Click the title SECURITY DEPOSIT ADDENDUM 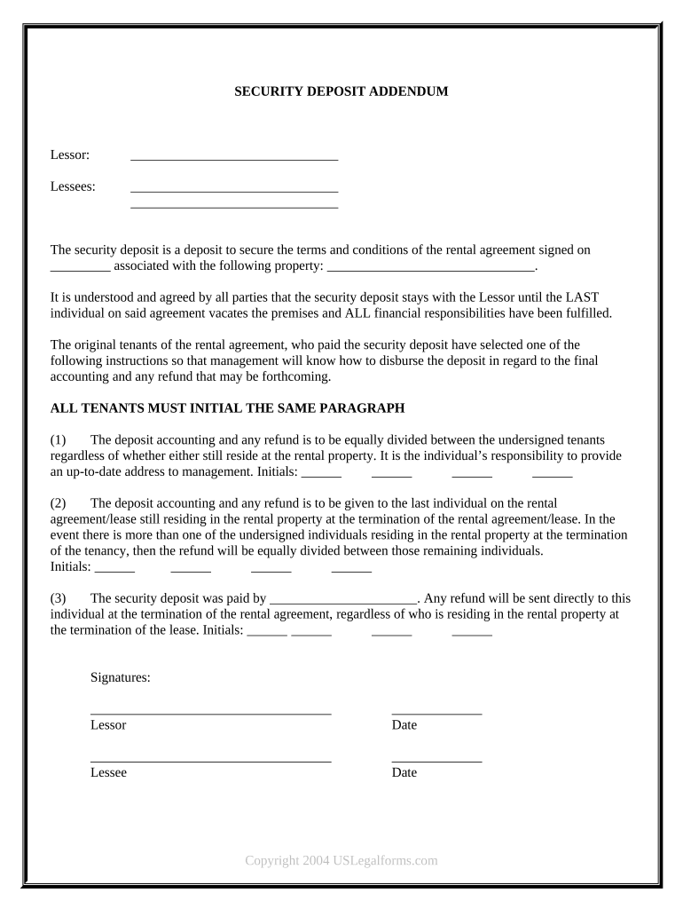341,91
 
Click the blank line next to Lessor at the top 234,158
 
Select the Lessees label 73,186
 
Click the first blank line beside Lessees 234,189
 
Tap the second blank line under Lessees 234,206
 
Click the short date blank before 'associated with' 80,268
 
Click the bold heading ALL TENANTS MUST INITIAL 228,407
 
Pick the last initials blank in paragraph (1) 552,475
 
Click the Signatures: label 121,677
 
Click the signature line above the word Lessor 210,712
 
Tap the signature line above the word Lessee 210,760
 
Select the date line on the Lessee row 436,760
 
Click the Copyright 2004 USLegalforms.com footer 341,860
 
